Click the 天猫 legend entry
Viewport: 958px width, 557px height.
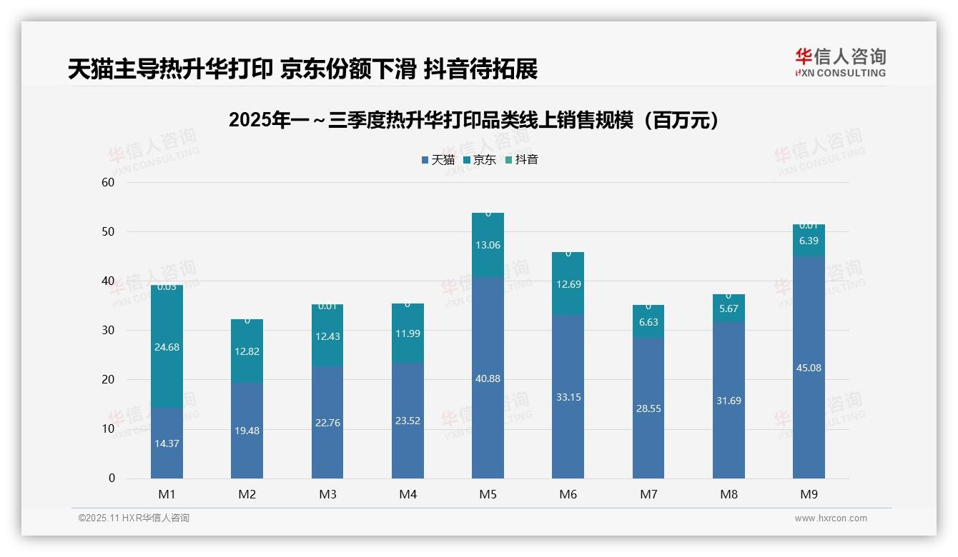tap(438, 160)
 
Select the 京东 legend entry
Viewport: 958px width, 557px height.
tap(480, 160)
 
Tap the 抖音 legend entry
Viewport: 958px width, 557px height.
tap(522, 160)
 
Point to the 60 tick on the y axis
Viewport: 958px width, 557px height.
tap(108, 182)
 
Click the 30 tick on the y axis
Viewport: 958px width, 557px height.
tap(108, 330)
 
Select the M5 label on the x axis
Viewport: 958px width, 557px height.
tap(488, 494)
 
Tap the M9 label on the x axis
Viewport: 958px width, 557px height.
tap(809, 494)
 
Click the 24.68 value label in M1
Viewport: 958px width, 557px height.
tap(167, 347)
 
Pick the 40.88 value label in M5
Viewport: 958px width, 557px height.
tap(488, 378)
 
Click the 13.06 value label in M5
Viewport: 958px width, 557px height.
tap(488, 245)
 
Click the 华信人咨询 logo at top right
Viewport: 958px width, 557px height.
tap(840, 62)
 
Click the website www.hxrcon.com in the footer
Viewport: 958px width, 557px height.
tap(830, 518)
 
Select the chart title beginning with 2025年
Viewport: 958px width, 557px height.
tap(473, 120)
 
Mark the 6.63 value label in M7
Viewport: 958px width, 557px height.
tap(648, 322)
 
